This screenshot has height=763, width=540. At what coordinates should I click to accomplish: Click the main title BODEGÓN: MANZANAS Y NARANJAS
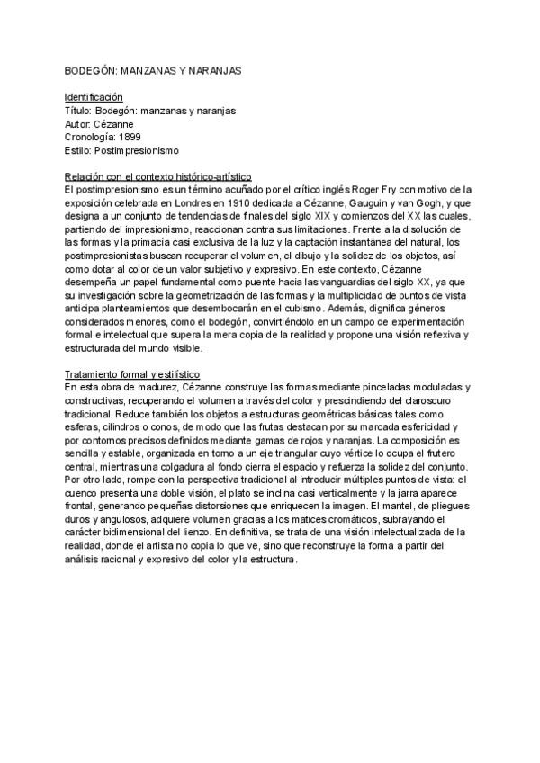[x=153, y=69]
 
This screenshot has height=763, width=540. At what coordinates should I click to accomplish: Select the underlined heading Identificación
[x=94, y=96]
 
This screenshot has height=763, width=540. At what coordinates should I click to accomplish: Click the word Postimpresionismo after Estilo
[x=138, y=150]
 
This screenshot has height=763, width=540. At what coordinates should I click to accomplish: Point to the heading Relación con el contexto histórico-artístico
[x=157, y=176]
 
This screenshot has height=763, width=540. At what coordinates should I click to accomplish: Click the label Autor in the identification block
[x=78, y=123]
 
